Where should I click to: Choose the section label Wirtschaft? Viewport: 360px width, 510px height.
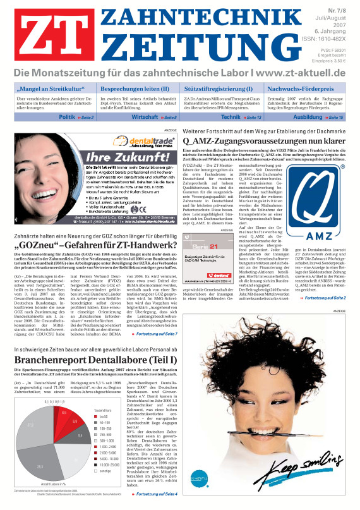[x=145, y=118]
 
